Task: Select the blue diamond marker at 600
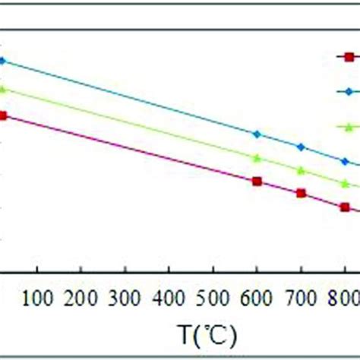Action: pyautogui.click(x=257, y=134)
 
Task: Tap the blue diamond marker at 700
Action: pyautogui.click(x=301, y=146)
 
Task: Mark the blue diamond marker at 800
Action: pyautogui.click(x=345, y=161)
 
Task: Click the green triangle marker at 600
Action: pyautogui.click(x=257, y=158)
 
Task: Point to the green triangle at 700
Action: pyautogui.click(x=301, y=169)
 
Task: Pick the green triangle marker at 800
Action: pyautogui.click(x=345, y=184)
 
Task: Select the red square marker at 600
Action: pyautogui.click(x=257, y=181)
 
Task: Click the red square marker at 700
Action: pyautogui.click(x=301, y=193)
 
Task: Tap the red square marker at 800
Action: pyautogui.click(x=345, y=207)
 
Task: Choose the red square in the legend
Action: pyautogui.click(x=349, y=56)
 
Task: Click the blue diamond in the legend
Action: pyautogui.click(x=349, y=91)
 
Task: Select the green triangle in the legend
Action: pyautogui.click(x=349, y=126)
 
